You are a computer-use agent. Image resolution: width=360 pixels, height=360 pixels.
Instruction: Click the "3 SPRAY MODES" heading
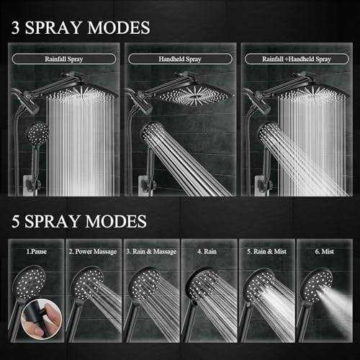pyautogui.click(x=81, y=27)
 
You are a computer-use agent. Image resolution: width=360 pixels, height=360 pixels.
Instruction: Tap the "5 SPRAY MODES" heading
pyautogui.click(x=79, y=221)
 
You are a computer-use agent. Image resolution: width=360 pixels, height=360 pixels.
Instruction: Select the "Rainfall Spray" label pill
pyautogui.click(x=64, y=59)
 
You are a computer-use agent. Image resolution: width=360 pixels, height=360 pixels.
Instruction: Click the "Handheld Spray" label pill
pyautogui.click(x=180, y=59)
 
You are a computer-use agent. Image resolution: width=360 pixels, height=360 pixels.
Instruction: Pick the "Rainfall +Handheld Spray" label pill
pyautogui.click(x=297, y=59)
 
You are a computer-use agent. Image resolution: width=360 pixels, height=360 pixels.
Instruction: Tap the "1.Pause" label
pyautogui.click(x=37, y=251)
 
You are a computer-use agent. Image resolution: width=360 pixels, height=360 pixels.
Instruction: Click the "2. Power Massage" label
pyautogui.click(x=93, y=251)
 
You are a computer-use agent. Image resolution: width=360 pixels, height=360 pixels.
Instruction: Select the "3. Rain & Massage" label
pyautogui.click(x=151, y=251)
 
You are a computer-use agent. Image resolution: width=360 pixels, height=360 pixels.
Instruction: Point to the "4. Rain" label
pyautogui.click(x=207, y=251)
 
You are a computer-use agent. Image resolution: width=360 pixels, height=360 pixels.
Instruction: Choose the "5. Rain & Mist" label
pyautogui.click(x=267, y=251)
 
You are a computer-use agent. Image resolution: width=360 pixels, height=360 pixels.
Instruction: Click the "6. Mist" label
pyautogui.click(x=325, y=251)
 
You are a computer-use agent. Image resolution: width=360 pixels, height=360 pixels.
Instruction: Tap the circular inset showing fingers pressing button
pyautogui.click(x=42, y=319)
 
